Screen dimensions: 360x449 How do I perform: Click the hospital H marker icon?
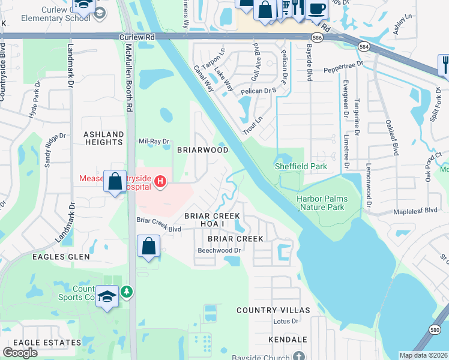(160, 181)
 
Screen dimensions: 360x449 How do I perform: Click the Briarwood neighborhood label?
(202, 150)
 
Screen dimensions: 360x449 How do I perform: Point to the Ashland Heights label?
(103, 138)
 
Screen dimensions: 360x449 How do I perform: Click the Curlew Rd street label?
(137, 37)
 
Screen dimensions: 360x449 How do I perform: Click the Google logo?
(20, 352)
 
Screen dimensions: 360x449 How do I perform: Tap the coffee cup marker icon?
(318, 8)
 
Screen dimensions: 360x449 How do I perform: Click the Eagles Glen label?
(61, 257)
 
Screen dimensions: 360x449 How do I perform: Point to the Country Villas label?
(273, 310)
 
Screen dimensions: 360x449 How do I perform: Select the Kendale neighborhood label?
(288, 340)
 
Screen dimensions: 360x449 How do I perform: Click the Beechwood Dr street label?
(219, 250)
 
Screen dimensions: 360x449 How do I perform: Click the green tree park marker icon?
(127, 292)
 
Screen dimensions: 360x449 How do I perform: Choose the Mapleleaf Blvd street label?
(415, 211)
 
